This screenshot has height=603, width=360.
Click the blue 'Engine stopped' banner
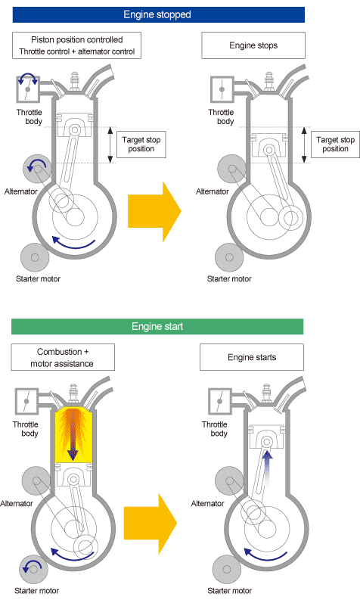157,14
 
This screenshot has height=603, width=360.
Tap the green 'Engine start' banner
157,326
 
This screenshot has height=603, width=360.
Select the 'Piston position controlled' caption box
73,45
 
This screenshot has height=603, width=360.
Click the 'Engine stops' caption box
253,45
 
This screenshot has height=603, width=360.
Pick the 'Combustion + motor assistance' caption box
63,358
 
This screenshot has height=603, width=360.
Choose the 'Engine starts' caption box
253,357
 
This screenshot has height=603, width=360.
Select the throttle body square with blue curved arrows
29,88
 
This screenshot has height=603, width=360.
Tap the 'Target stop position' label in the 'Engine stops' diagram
335,145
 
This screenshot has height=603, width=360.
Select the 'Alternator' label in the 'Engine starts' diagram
208,503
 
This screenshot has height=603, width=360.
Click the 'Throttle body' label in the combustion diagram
27,429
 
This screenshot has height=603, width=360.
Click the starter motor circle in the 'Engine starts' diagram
228,568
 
